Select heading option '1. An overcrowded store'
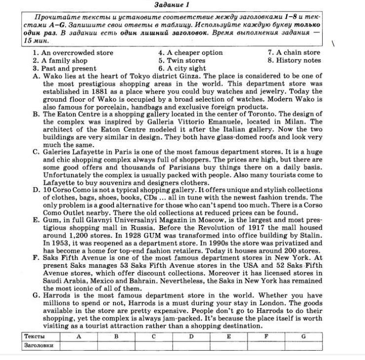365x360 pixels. (x=73, y=53)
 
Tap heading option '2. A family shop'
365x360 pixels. (x=60, y=61)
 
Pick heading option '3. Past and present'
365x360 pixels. (x=65, y=69)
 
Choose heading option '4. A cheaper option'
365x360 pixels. (x=190, y=53)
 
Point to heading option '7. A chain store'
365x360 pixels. (x=294, y=53)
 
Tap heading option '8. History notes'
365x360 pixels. (x=294, y=61)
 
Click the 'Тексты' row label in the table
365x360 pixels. (x=35, y=336)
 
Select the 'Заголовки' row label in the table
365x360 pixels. (x=38, y=345)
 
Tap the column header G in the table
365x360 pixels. (x=303, y=336)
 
